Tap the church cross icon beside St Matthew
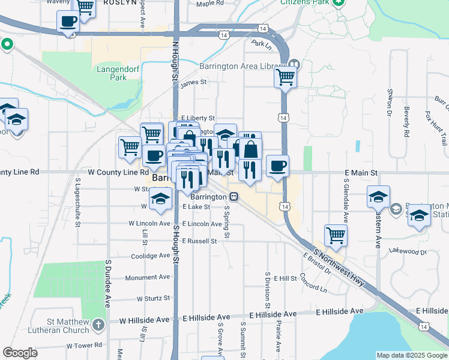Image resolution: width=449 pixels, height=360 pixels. [x=98, y=325]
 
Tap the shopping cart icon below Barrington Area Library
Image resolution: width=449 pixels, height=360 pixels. [x=286, y=77]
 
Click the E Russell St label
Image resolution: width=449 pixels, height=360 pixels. [x=199, y=241]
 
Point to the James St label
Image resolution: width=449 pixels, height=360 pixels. [x=193, y=82]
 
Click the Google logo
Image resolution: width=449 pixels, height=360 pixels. [x=20, y=353]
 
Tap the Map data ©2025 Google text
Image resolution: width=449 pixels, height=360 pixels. [x=412, y=355]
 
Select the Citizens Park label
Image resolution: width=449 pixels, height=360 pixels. [x=306, y=2]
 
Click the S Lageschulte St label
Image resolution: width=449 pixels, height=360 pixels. [x=78, y=202]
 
